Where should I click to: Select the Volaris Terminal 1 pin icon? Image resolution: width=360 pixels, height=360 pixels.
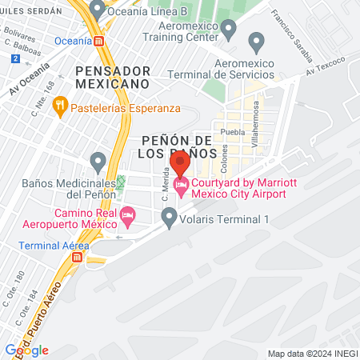pos(169,216)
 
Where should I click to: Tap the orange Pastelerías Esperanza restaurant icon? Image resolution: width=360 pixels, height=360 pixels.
pos(58,106)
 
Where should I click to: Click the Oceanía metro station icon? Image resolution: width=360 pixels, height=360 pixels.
pos(98,40)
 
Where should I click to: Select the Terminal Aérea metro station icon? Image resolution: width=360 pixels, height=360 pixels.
pos(78,258)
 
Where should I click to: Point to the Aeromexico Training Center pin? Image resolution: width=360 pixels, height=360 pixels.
pos(228,30)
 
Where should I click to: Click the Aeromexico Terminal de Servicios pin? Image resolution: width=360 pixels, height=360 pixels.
pos(257,41)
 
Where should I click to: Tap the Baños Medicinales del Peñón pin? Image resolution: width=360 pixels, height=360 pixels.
pos(98,162)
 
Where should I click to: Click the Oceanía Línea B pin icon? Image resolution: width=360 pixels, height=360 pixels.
pos(98,10)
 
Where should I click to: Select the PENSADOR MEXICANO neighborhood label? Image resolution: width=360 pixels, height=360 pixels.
pos(112,77)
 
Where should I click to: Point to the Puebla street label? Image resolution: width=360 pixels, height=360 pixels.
pos(232,134)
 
